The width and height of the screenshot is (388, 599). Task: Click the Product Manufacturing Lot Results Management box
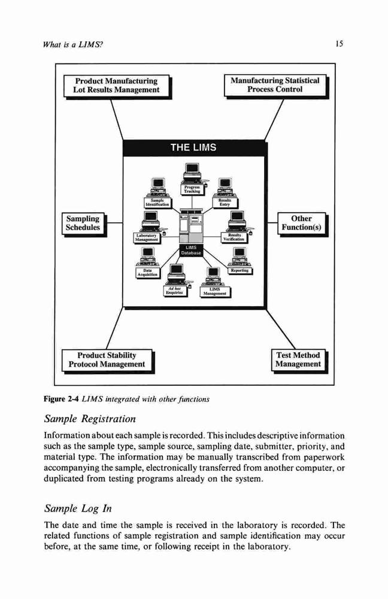[117, 87]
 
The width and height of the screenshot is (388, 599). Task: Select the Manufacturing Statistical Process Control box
[276, 86]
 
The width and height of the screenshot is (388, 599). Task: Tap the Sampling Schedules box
[84, 224]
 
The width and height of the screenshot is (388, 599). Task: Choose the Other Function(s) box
[302, 224]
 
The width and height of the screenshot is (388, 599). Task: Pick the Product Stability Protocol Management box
[108, 361]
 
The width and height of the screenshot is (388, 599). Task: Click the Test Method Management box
[299, 361]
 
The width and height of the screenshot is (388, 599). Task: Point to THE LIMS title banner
[193, 148]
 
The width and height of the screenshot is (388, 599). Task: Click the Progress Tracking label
[192, 189]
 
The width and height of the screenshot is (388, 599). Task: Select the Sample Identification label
[157, 202]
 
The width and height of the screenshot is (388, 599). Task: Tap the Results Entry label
[225, 202]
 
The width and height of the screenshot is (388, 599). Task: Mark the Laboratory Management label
[147, 238]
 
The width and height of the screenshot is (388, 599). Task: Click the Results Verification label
[234, 237]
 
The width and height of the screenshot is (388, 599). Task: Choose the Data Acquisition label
[148, 273]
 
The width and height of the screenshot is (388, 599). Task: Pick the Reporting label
[240, 271]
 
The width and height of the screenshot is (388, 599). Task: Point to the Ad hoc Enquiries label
[175, 291]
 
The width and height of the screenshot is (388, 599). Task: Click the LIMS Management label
[215, 292]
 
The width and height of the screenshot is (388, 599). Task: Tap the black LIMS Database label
[191, 250]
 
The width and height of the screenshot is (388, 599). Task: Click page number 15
[339, 44]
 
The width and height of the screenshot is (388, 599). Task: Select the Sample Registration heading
[90, 419]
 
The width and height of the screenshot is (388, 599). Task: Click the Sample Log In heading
[78, 509]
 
